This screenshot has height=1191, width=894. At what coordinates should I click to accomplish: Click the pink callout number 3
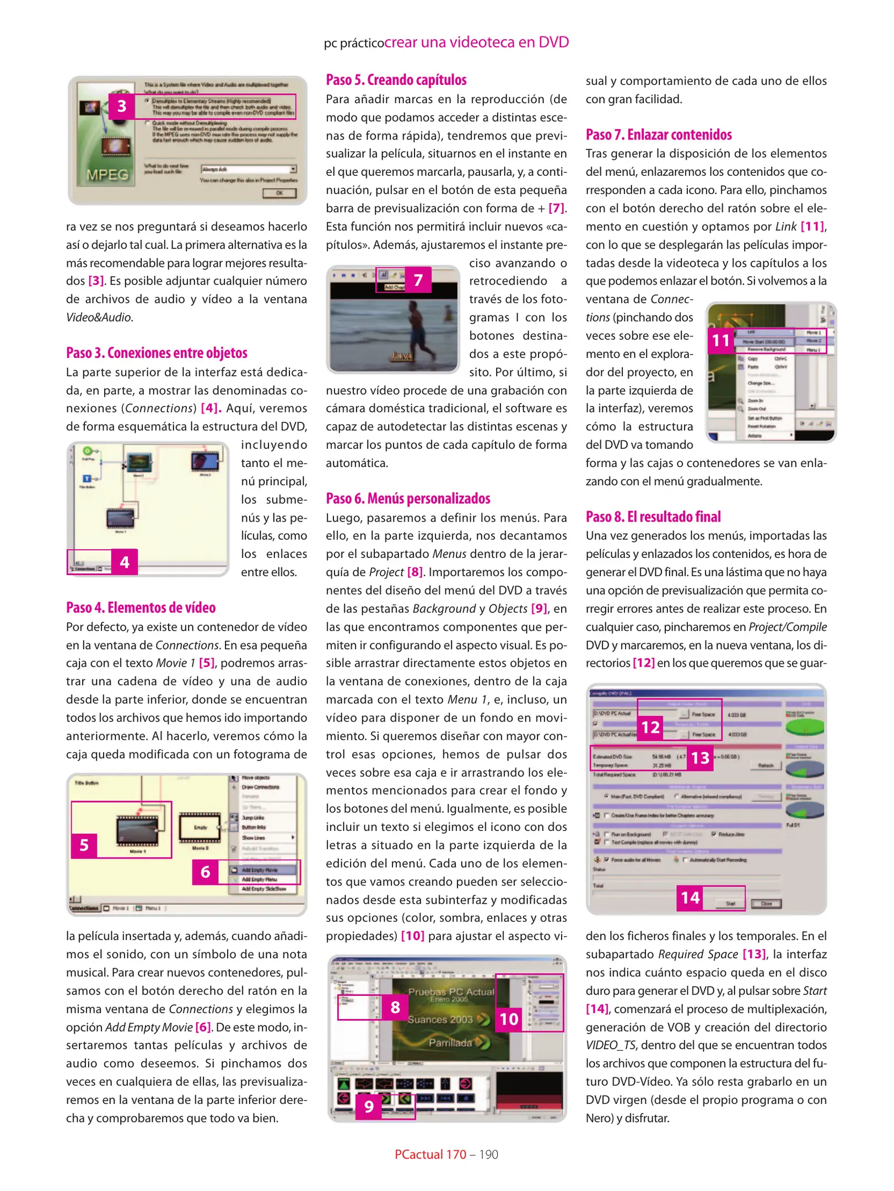coord(122,106)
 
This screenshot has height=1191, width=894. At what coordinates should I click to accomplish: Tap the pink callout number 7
coord(418,280)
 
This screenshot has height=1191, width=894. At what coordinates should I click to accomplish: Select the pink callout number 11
coord(720,341)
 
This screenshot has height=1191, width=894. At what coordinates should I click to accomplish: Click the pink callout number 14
coord(690,898)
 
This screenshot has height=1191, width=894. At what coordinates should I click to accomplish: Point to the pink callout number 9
coord(369,1106)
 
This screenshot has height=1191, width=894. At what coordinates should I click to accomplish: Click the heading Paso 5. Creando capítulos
coord(396,80)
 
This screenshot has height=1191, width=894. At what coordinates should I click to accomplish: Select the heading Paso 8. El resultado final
coord(653,517)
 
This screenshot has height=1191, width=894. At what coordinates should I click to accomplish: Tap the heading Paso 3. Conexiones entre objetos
coord(157,353)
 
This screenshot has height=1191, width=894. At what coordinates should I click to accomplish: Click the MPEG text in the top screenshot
coord(107,175)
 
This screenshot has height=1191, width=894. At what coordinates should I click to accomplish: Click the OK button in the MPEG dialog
coord(279,193)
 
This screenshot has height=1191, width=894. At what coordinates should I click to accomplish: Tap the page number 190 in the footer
coord(488,1155)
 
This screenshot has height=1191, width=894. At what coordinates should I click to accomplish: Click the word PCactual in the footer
coord(418,1155)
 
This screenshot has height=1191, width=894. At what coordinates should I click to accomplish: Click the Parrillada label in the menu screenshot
coord(450,1043)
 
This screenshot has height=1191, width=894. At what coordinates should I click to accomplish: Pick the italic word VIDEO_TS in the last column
coord(611,1045)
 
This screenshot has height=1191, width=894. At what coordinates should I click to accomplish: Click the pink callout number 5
coord(84,845)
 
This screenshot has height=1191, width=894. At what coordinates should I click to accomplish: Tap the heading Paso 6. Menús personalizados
coord(408,498)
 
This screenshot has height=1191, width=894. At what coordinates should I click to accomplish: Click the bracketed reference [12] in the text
coord(643,663)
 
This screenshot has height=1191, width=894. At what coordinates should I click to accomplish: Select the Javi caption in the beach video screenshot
coord(401,356)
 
